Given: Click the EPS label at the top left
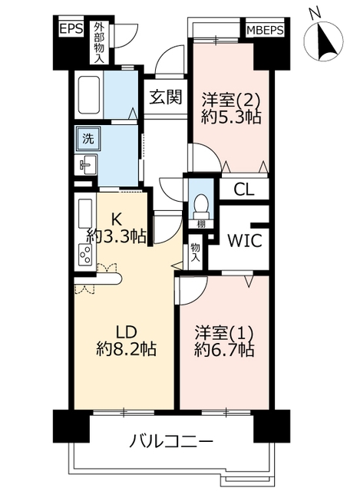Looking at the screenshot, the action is [x=71, y=29].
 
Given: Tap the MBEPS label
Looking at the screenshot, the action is [x=265, y=31].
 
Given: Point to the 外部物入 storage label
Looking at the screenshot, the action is [x=99, y=42].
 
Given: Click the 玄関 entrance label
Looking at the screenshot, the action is [x=166, y=97].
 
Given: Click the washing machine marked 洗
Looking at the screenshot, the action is [x=88, y=138].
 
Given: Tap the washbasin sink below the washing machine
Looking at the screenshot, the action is [x=86, y=165].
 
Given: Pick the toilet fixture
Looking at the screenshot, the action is [x=201, y=206].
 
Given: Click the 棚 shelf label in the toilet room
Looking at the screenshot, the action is [x=201, y=224].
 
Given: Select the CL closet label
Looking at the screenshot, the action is [x=244, y=189].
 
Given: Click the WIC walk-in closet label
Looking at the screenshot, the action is [x=244, y=240].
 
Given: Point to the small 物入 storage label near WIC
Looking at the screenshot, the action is [x=195, y=252].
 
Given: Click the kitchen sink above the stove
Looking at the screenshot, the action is [x=85, y=213].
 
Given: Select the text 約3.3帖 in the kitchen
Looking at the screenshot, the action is [x=117, y=236].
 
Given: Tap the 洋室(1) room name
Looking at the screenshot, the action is [x=223, y=333].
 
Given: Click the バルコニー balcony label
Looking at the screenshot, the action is [x=171, y=442].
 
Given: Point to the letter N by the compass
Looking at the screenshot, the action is [x=315, y=13].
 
